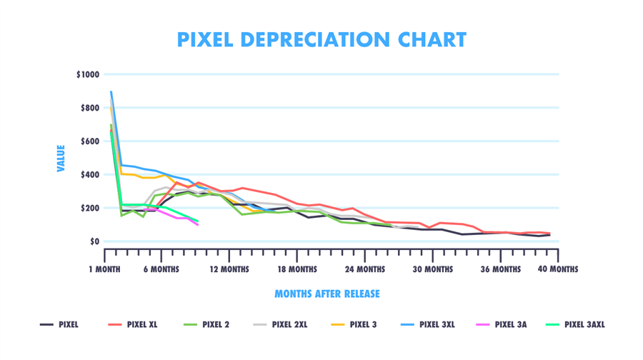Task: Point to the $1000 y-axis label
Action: [x=88, y=74]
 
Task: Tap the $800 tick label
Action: [x=90, y=108]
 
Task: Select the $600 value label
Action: [x=90, y=141]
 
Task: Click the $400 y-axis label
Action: [x=90, y=175]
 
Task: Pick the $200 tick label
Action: [x=90, y=208]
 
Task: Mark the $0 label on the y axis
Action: [x=94, y=241]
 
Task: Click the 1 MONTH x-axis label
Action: [x=106, y=269]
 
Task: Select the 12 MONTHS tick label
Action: [x=229, y=269]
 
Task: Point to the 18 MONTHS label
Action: [x=296, y=269]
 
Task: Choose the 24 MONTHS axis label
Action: [x=364, y=269]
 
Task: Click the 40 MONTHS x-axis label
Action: [x=557, y=269]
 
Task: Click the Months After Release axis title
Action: [x=327, y=294]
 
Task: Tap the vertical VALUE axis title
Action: [x=61, y=158]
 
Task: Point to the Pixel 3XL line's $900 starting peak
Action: [x=111, y=92]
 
